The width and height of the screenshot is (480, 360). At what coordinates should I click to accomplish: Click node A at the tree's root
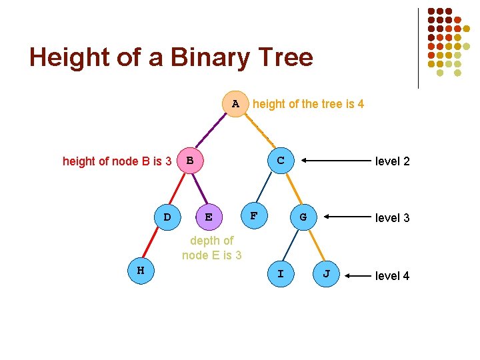[x=235, y=104]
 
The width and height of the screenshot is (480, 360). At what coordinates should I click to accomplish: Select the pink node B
[x=190, y=161]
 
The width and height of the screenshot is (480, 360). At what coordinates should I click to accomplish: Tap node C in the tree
[x=281, y=161]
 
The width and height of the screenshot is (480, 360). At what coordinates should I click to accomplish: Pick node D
[x=167, y=217]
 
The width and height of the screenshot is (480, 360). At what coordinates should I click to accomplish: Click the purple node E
[x=209, y=217]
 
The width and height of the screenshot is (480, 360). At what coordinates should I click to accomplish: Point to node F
[x=253, y=215]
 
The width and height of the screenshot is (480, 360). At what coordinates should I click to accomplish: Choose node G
[x=303, y=217]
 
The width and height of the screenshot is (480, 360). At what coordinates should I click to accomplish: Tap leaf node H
[x=141, y=271]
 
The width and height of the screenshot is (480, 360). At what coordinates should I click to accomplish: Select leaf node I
[x=280, y=274]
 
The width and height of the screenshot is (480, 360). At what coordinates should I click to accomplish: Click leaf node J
[x=326, y=274]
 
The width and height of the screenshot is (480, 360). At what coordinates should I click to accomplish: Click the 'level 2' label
[x=393, y=161]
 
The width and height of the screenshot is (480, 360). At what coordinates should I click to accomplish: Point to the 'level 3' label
[x=393, y=218]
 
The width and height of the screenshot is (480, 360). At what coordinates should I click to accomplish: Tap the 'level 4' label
[x=393, y=275]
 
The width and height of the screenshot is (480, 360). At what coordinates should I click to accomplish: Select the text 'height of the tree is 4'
[x=309, y=104]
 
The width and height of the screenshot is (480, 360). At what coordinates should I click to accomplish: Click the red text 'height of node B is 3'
[x=117, y=161]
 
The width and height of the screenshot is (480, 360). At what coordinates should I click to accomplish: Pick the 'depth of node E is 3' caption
[x=211, y=248]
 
